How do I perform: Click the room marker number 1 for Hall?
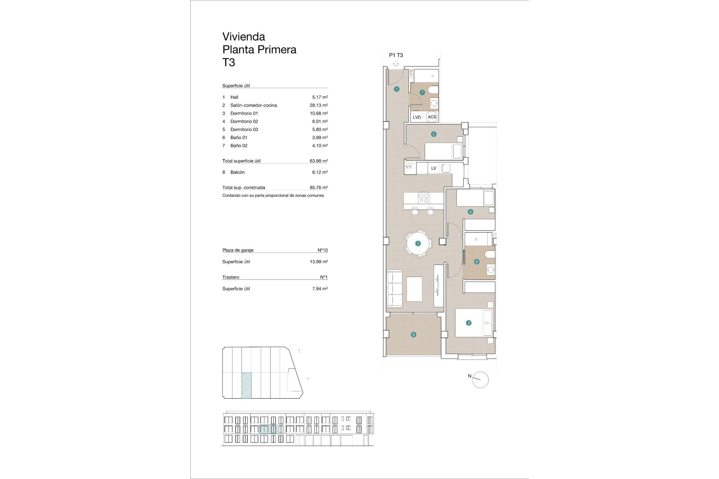pos(397,89)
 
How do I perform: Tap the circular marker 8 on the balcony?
pos(413,335)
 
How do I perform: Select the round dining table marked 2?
pos(418,243)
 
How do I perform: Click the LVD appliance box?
pos(417,117)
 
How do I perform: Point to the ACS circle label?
pos(432,117)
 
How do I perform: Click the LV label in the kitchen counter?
pos(434,168)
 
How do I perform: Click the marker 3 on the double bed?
pos(468,323)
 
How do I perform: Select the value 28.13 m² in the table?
pos(318,105)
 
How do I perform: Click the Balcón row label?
pos(237,172)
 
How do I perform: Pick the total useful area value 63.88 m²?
pos(318,161)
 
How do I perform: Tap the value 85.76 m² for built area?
pos(318,187)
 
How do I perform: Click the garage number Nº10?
pos(322,250)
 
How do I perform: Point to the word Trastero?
pos(231,277)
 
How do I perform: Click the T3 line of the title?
pos(229,62)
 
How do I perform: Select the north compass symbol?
pos(480,380)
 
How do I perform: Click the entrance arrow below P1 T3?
pos(396,64)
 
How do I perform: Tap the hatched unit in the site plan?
pos(246,385)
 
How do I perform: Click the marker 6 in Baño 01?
pos(477,262)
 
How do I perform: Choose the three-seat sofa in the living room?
pos(394,289)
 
